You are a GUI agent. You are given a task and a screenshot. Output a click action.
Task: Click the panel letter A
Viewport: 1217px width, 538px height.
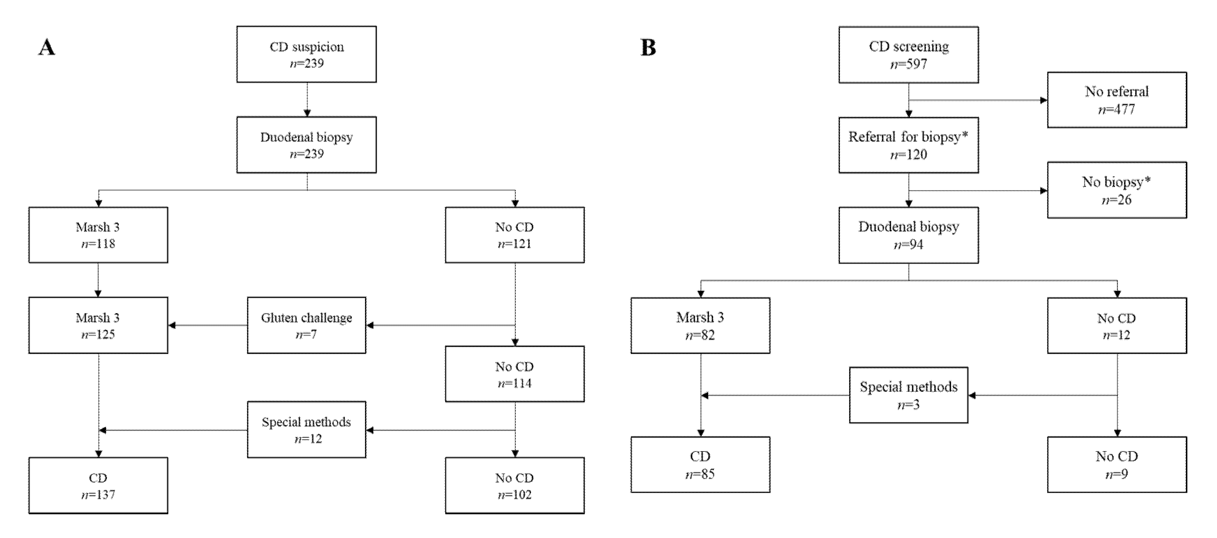[46, 48]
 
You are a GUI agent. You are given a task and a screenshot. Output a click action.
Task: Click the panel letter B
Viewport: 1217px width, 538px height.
[648, 48]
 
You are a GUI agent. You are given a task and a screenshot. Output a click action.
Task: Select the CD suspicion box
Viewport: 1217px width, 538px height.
[306, 54]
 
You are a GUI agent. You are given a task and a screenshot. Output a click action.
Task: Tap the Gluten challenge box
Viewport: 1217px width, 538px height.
[306, 325]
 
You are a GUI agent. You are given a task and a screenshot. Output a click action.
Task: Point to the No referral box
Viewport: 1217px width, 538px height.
[1117, 100]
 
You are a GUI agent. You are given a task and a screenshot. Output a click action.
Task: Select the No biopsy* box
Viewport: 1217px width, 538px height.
[1117, 190]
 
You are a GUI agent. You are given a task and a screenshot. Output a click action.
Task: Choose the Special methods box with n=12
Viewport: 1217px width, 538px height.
[306, 430]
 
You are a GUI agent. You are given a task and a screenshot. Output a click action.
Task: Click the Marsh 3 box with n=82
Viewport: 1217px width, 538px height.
[700, 325]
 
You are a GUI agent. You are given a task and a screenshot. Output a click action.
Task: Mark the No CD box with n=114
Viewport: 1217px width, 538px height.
[514, 374]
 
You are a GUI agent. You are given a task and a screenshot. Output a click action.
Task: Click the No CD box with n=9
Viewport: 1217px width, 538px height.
[1117, 464]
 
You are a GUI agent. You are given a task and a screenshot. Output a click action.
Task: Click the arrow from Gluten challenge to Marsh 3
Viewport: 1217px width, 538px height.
[208, 325]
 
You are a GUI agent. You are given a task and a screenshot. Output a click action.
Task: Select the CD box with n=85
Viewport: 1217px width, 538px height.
[700, 464]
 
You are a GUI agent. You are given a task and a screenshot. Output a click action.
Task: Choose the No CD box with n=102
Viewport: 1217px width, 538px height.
[514, 486]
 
